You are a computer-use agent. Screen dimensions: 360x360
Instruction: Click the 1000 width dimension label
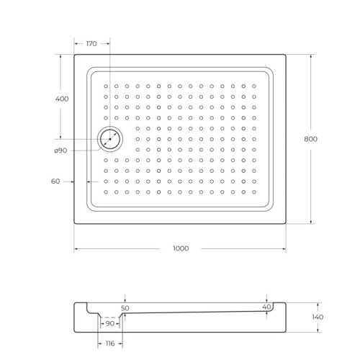[x=180, y=248]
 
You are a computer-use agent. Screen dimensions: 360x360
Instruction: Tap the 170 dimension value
[x=91, y=44]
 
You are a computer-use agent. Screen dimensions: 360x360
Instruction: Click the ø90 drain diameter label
[x=60, y=150]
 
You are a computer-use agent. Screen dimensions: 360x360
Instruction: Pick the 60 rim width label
[x=55, y=181]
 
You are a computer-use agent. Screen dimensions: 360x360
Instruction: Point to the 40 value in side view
[x=267, y=307]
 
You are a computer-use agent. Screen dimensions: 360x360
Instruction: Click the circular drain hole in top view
[x=110, y=138]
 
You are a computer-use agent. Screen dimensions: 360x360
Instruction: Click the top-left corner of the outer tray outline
[x=75, y=55]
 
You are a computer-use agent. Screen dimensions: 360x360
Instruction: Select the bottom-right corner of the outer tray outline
[x=286, y=224]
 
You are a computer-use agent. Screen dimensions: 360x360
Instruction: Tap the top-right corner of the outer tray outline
[x=286, y=55]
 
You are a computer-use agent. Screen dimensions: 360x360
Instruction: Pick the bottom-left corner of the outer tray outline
[x=75, y=224]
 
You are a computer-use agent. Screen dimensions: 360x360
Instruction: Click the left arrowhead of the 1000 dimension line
[x=76, y=248]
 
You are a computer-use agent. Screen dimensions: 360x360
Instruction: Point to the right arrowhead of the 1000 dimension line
[x=284, y=248]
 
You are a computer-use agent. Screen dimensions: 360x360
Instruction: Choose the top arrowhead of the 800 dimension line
[x=311, y=56]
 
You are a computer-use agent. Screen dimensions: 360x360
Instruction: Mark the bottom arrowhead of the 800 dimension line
[x=311, y=222]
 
